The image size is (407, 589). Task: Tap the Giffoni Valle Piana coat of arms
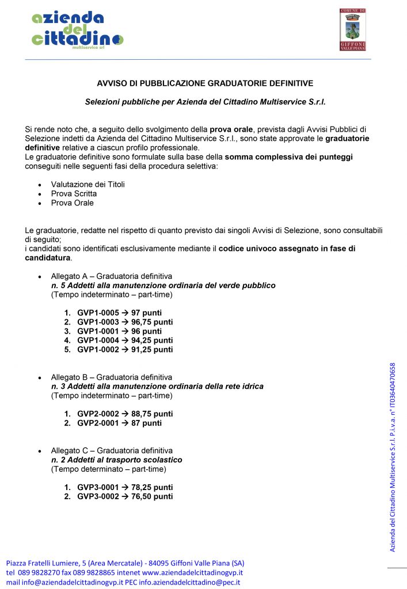point(353,29)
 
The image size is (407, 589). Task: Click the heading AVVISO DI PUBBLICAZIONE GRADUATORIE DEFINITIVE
point(204,83)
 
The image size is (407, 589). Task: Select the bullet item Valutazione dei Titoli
point(88,185)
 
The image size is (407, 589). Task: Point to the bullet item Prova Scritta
point(74,194)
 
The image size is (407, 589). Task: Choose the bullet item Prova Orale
point(72,203)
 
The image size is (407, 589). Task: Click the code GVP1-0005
point(98,313)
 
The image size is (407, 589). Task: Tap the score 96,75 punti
point(152,322)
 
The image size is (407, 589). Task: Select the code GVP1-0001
point(98,331)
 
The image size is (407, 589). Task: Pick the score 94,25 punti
point(152,341)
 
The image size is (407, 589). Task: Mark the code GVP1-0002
point(98,350)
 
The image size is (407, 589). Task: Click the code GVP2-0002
point(98,414)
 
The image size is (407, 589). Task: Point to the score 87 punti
point(146,423)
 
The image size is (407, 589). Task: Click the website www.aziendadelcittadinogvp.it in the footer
point(192,573)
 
